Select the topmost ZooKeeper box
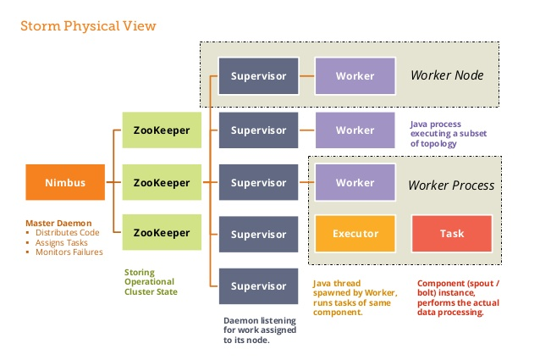point(163,130)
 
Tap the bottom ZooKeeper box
point(163,233)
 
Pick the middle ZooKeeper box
point(163,182)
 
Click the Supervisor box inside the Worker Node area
point(258,76)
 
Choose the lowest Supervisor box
point(258,286)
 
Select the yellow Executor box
point(355,234)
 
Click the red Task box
point(451,234)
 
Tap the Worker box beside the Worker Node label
point(355,76)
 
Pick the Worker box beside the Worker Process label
point(355,182)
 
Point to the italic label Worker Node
point(446,76)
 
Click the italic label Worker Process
point(451,185)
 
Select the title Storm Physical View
point(88,26)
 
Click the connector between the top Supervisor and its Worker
point(306,76)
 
